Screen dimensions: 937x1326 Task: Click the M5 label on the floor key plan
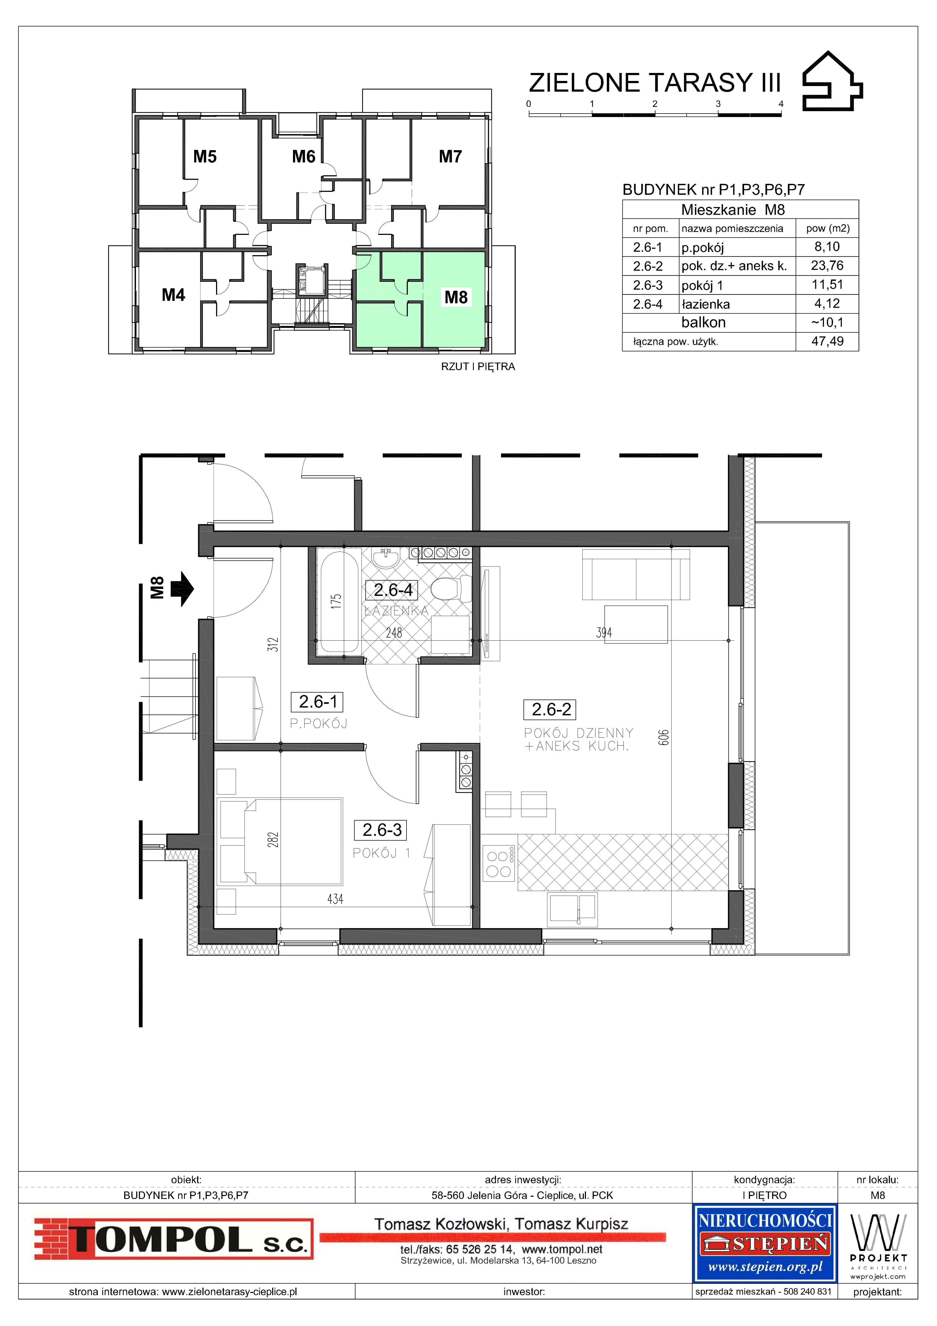tap(205, 157)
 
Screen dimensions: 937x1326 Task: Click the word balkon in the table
tap(703, 322)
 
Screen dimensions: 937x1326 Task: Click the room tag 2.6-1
tap(318, 702)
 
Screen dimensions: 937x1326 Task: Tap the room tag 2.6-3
tap(382, 830)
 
